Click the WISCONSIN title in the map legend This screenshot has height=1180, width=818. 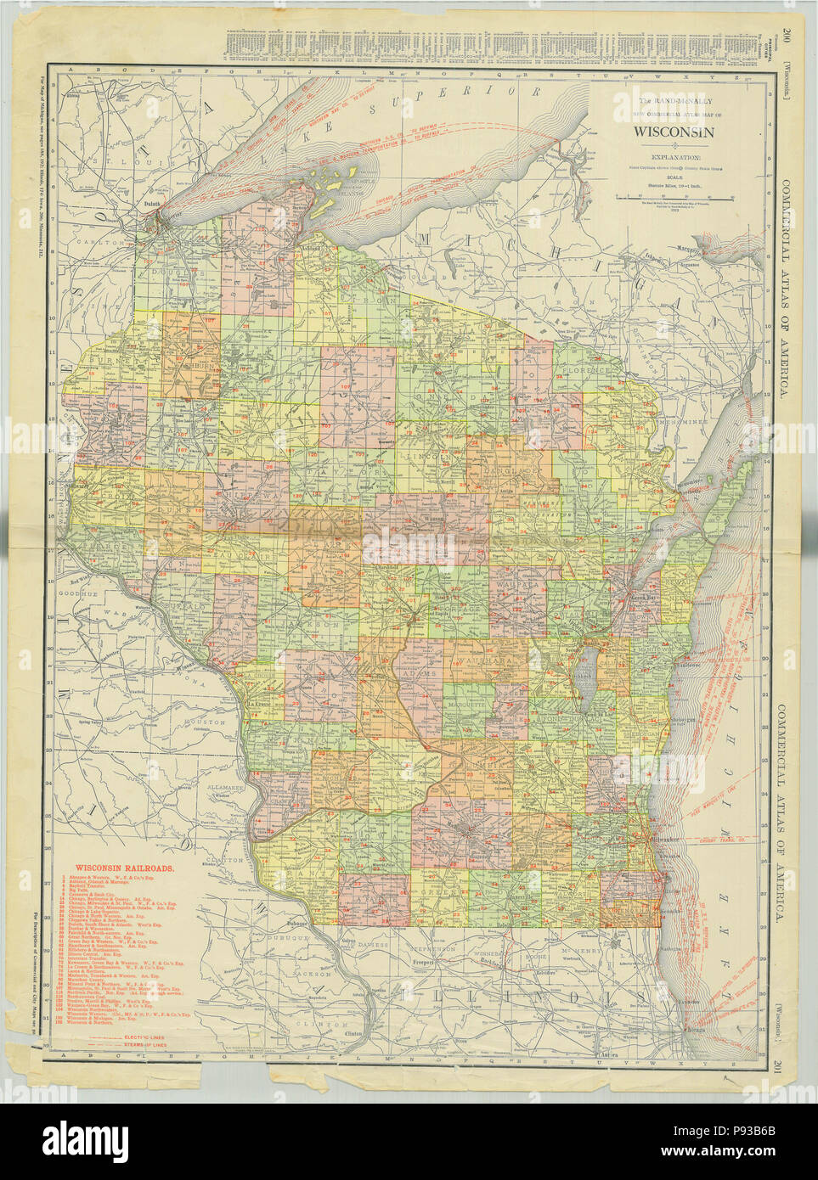(672, 132)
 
